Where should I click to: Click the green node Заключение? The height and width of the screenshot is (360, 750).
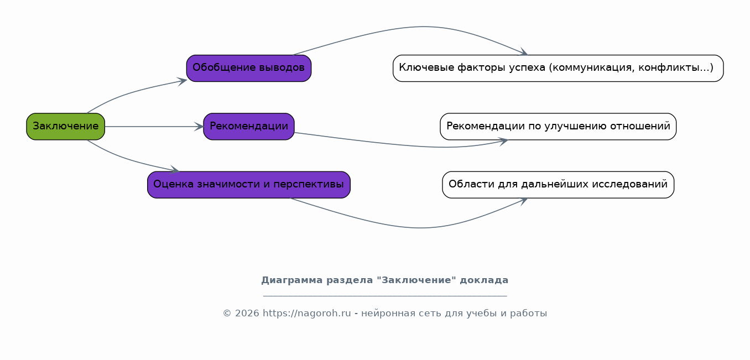pyautogui.click(x=65, y=127)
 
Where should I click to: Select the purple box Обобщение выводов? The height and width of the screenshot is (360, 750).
pyautogui.click(x=249, y=68)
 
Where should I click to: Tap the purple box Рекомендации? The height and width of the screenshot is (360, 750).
pyautogui.click(x=249, y=127)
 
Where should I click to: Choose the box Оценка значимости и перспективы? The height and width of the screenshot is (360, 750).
pyautogui.click(x=249, y=185)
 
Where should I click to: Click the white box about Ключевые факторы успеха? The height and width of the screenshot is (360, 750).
pyautogui.click(x=558, y=68)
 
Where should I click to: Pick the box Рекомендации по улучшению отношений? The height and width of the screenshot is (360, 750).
pyautogui.click(x=558, y=127)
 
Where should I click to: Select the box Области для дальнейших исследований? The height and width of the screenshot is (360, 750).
pyautogui.click(x=558, y=185)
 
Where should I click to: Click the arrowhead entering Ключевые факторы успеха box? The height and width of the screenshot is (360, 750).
pyautogui.click(x=523, y=53)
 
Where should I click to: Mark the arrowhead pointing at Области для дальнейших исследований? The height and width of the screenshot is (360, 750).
pyautogui.click(x=523, y=200)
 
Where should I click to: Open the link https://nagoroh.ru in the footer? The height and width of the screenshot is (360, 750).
pyautogui.click(x=306, y=314)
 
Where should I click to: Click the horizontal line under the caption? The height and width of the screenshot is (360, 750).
pyautogui.click(x=384, y=296)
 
